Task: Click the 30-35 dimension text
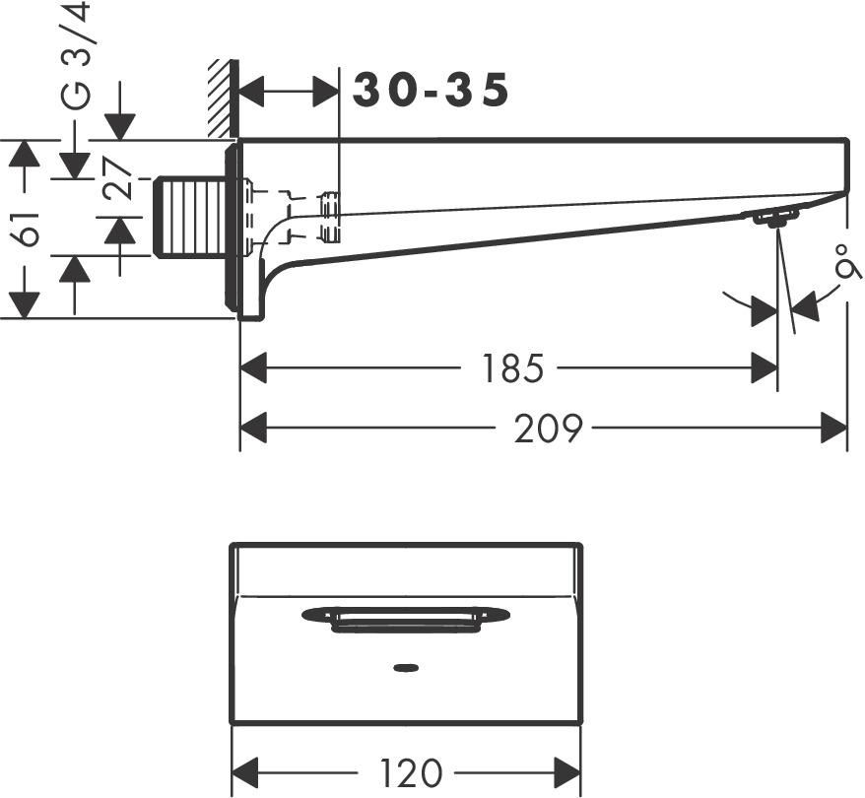(x=432, y=91)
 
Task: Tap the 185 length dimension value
(x=512, y=368)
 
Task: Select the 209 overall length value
(x=548, y=428)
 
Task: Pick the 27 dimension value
(x=120, y=179)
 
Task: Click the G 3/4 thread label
(x=77, y=57)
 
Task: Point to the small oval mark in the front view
(x=405, y=670)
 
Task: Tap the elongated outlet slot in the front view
(x=405, y=618)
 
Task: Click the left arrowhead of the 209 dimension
(x=253, y=428)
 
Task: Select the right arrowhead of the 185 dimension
(x=765, y=368)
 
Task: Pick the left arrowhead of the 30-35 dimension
(x=253, y=91)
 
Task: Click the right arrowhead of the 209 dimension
(x=834, y=428)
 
